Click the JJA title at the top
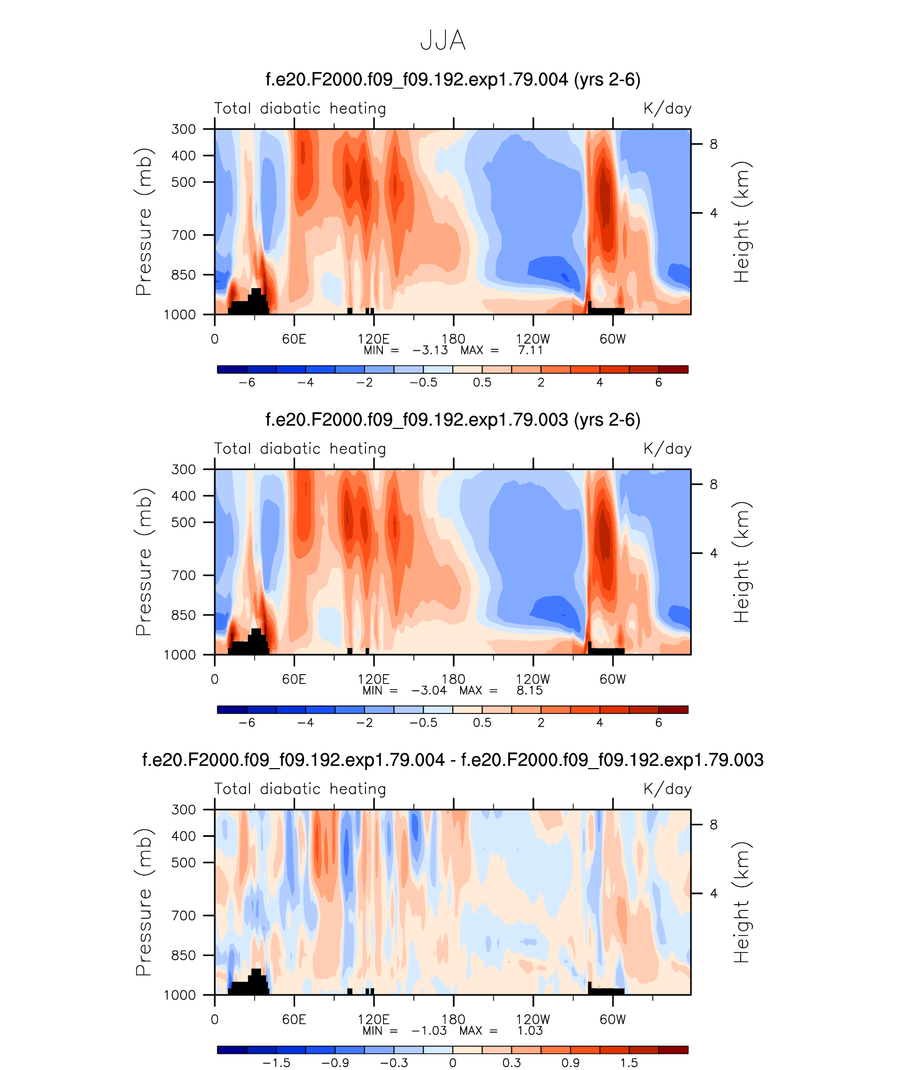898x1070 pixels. click(x=443, y=40)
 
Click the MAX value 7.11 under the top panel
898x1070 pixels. click(x=530, y=350)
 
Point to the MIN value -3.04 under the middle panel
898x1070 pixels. click(x=429, y=690)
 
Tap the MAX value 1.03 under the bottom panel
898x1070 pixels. click(x=530, y=1031)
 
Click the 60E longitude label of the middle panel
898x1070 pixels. click(x=294, y=679)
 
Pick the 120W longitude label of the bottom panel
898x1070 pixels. click(x=533, y=1019)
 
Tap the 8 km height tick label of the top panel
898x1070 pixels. click(x=714, y=144)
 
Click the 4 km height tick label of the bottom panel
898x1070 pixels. click(x=714, y=893)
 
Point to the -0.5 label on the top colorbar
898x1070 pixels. click(x=423, y=382)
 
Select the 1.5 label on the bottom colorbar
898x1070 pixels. click(x=629, y=1063)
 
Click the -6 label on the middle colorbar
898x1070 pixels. click(x=247, y=722)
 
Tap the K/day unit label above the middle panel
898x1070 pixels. click(x=667, y=449)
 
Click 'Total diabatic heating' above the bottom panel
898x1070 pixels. click(x=300, y=789)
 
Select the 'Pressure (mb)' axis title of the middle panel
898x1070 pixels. click(x=143, y=562)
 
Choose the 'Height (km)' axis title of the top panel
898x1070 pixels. click(x=742, y=222)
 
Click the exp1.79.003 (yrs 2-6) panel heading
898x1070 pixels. click(x=453, y=420)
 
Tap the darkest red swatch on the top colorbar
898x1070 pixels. click(x=673, y=369)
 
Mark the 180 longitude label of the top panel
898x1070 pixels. click(x=453, y=339)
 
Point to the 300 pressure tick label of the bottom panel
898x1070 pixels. click(x=183, y=809)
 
